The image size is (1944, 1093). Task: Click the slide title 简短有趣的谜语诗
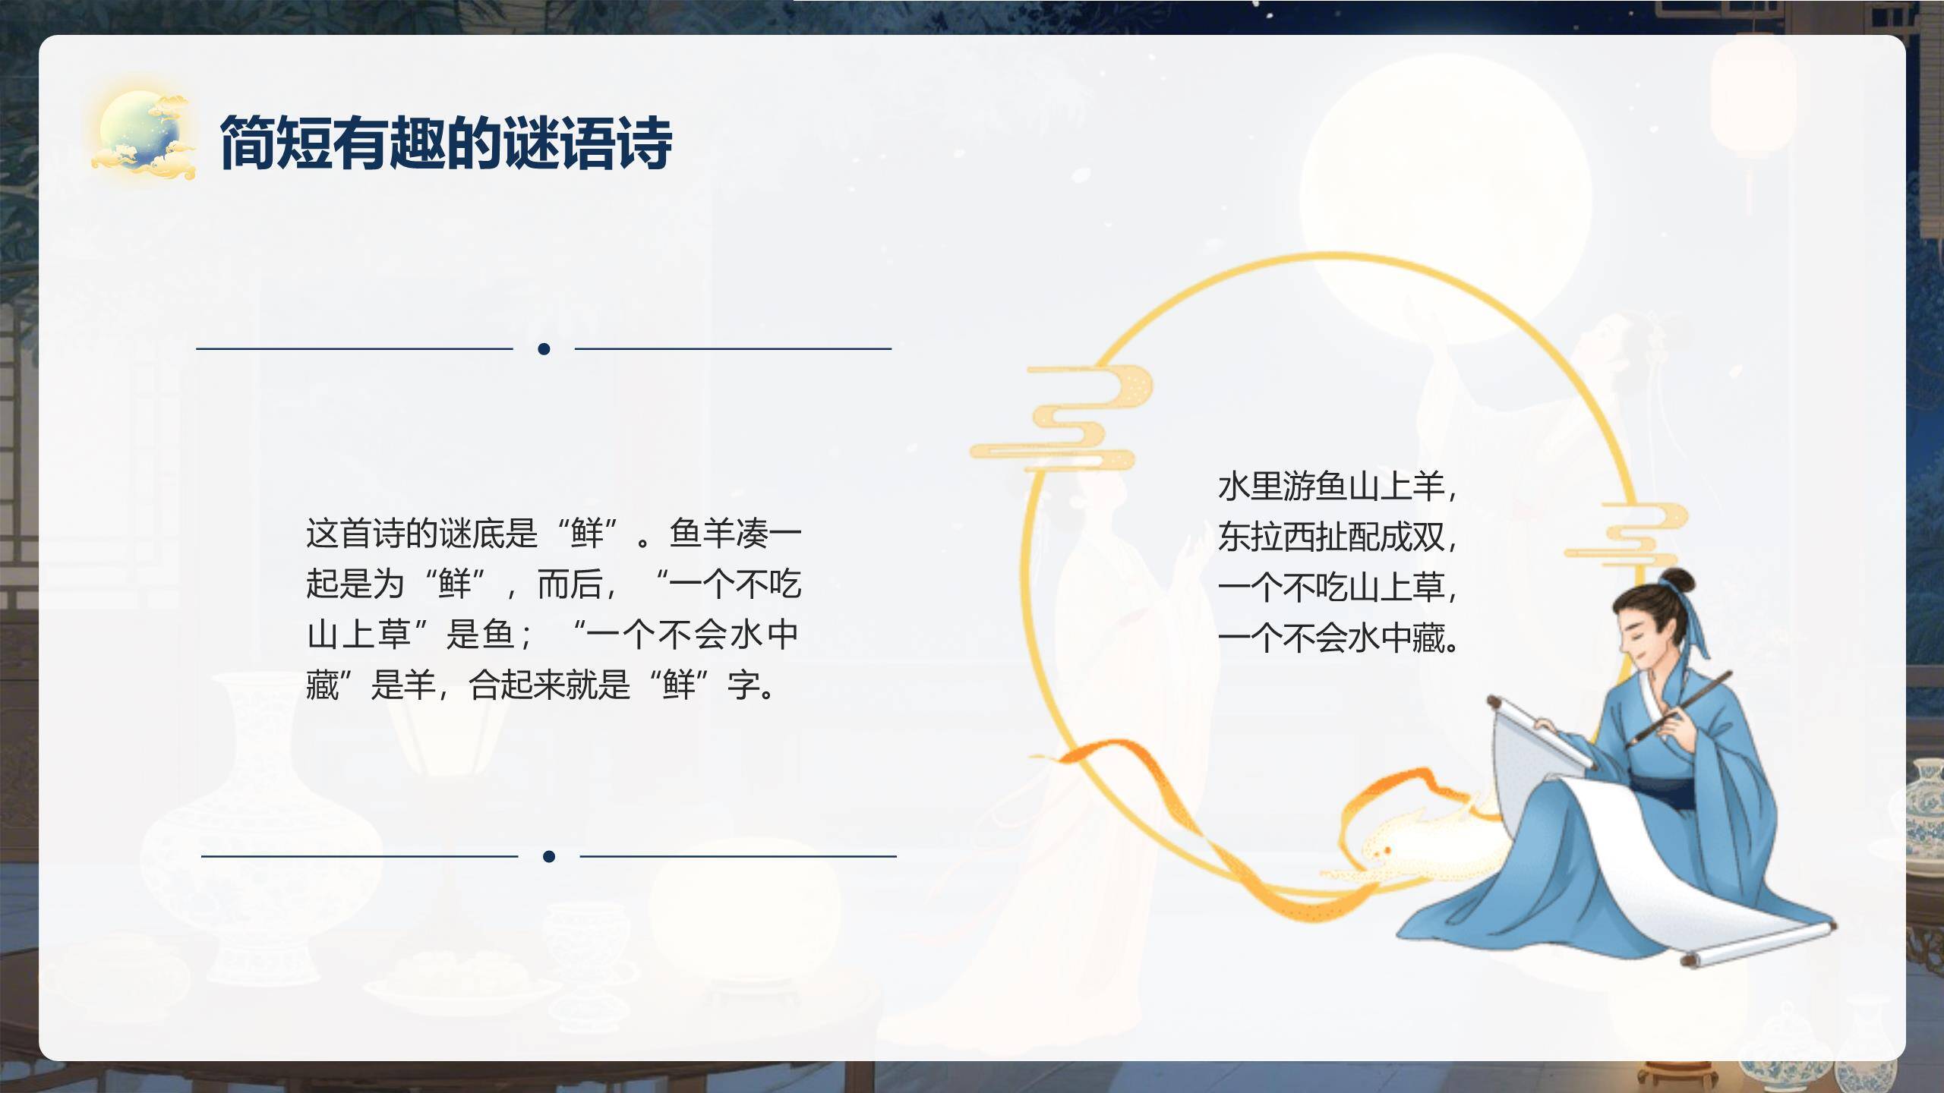(446, 143)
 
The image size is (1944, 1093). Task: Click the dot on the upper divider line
(544, 349)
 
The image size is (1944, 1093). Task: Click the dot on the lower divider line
(549, 857)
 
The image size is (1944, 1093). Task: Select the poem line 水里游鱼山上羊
(1336, 487)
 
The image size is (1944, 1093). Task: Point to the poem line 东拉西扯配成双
(1336, 537)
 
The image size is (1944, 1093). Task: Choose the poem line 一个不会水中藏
(1336, 638)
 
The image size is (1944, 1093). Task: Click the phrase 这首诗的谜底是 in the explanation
(421, 534)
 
